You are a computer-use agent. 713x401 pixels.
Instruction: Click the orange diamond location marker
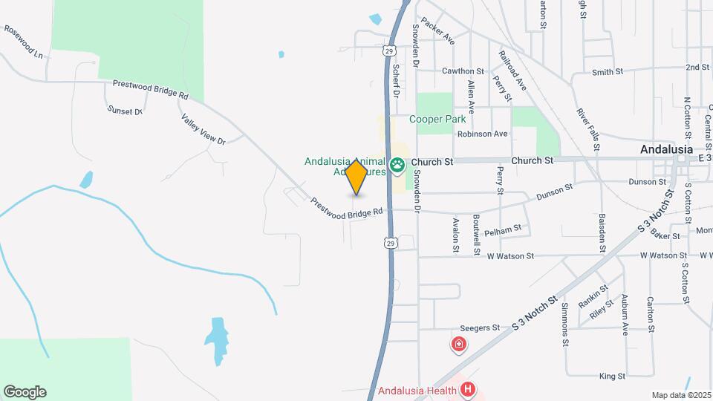click(356, 177)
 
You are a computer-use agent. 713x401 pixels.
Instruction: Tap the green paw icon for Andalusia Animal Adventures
click(398, 164)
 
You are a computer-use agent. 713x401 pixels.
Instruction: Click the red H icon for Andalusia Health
click(467, 388)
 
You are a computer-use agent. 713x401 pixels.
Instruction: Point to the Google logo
click(25, 392)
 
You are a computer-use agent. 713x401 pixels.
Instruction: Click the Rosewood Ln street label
click(24, 42)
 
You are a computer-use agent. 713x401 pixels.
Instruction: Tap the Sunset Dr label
click(124, 111)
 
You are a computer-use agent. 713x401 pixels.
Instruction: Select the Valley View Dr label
click(203, 128)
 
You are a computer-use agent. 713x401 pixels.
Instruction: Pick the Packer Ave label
click(437, 32)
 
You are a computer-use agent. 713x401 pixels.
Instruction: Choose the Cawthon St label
click(463, 71)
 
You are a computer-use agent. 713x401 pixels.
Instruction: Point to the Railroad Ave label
click(512, 71)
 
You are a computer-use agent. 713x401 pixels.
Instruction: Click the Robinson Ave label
click(482, 134)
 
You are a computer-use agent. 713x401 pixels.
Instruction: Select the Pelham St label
click(503, 232)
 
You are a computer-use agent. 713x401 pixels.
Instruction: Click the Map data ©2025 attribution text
click(681, 395)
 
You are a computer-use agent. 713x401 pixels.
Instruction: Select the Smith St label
click(608, 72)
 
